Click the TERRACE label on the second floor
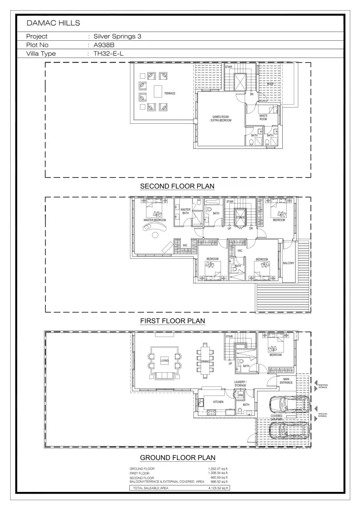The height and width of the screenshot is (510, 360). click(x=169, y=94)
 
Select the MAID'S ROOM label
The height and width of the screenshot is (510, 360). click(x=263, y=118)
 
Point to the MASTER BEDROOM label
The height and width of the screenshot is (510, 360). click(x=155, y=220)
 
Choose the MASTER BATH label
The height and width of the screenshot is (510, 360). click(x=185, y=211)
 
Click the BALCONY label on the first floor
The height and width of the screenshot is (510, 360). click(x=288, y=263)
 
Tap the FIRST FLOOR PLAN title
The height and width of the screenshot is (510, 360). click(x=172, y=321)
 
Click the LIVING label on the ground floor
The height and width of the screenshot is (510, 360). click(x=164, y=361)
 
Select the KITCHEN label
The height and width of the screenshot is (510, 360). click(x=218, y=402)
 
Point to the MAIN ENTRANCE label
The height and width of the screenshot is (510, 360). click(x=285, y=381)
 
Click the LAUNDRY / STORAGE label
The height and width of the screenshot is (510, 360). click(x=240, y=383)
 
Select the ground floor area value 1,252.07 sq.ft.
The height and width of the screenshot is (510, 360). click(x=218, y=469)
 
